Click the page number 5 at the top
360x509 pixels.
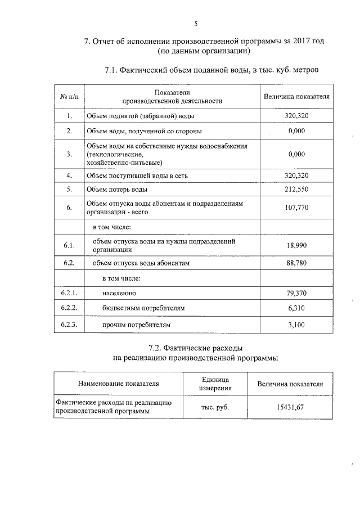pos(195,24)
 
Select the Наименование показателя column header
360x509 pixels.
pos(119,384)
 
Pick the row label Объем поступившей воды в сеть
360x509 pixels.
pos(137,175)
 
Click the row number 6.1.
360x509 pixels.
pos(69,246)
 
